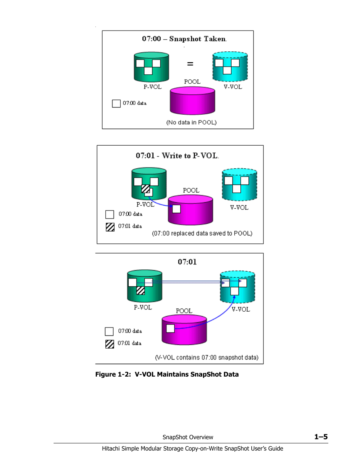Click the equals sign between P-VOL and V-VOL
coord(190,64)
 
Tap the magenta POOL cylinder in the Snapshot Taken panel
coord(192,101)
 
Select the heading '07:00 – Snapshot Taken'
coord(184,39)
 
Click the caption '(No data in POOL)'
coord(191,122)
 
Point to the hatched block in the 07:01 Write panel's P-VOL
coord(145,188)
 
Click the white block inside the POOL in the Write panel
coord(176,209)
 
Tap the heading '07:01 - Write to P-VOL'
coord(177,155)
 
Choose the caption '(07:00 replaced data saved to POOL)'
coord(202,233)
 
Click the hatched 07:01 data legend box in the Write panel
coord(110,227)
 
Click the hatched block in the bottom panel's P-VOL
coord(140,290)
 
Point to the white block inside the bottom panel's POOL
coord(170,328)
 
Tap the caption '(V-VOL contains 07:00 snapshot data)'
coord(207,357)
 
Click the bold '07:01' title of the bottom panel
coord(187,262)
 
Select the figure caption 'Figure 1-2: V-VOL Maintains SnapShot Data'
coord(167,374)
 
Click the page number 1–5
coord(321,437)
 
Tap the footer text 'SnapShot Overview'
coord(188,437)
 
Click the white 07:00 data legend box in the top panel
coord(116,103)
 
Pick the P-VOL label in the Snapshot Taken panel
coord(152,87)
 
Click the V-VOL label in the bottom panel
coord(241,309)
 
